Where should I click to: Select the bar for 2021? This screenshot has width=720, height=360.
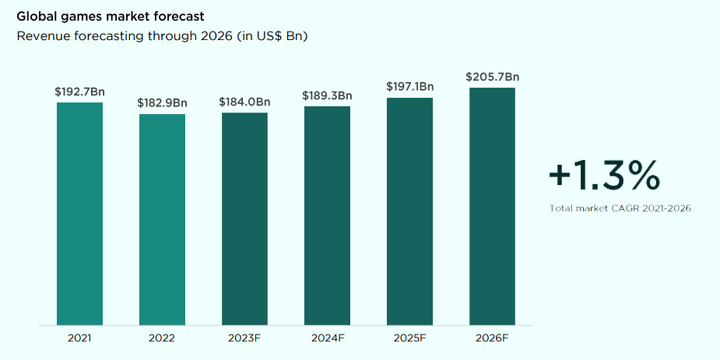[80, 214]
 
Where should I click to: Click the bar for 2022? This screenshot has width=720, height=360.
[162, 220]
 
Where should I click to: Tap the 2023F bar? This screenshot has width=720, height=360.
[245, 219]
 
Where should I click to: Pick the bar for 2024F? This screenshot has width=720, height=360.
[327, 216]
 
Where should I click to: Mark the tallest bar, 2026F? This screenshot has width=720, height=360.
[492, 206]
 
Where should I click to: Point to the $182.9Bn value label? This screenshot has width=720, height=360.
[162, 103]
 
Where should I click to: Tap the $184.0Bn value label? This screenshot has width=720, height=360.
[245, 102]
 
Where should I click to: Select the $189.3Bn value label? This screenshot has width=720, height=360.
[327, 96]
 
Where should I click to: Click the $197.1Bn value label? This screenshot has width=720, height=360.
[410, 87]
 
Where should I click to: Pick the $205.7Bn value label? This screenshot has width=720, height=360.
[492, 77]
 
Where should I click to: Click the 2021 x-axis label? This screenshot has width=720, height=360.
[80, 338]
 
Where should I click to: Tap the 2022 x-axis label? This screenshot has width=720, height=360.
[162, 338]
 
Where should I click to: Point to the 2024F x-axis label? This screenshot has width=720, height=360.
[327, 338]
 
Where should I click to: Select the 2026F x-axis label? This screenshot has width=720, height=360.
[492, 338]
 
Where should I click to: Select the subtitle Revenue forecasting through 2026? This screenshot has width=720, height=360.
[162, 36]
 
